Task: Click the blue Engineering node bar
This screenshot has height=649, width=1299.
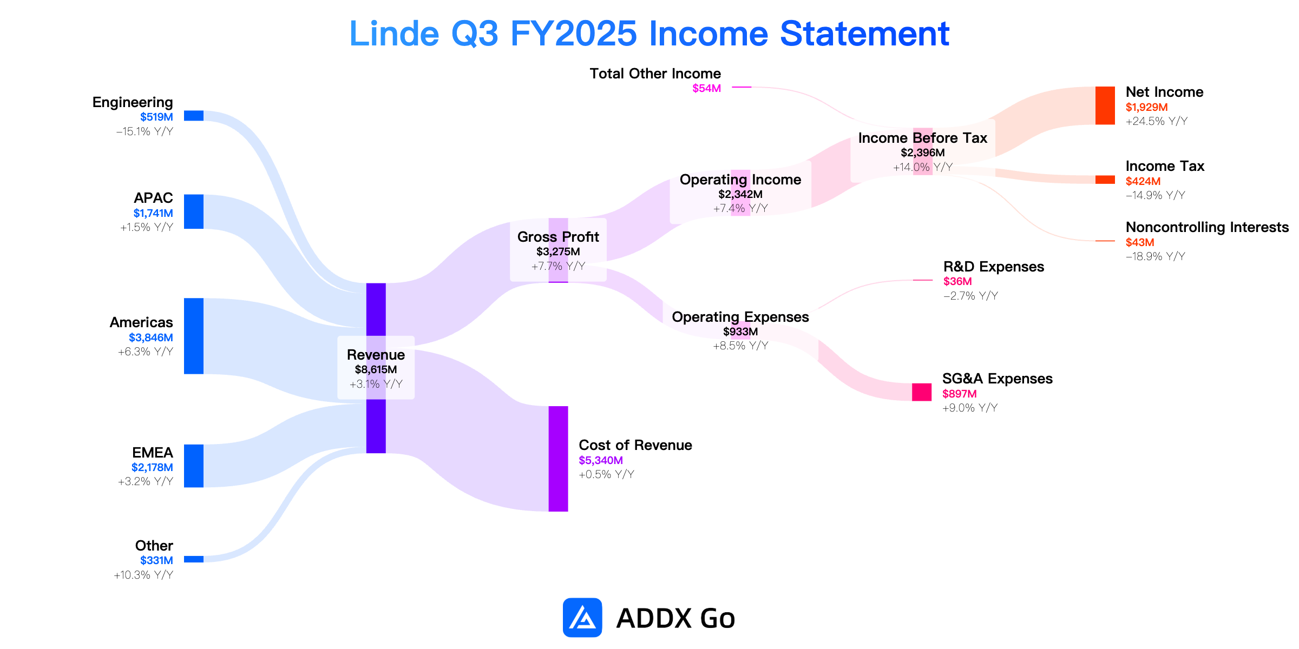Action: coord(194,116)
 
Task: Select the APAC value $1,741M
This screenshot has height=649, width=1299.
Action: coord(153,213)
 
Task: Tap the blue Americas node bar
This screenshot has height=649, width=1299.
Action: coord(194,336)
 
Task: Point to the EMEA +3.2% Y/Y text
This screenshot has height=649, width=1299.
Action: coord(146,481)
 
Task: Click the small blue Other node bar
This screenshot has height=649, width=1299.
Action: coord(194,559)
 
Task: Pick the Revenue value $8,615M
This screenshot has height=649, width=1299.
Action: coord(376,370)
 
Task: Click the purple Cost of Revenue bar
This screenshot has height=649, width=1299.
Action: coord(559,459)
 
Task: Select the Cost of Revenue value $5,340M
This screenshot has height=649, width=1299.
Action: coord(601,460)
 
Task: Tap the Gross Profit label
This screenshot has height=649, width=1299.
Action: coord(558,237)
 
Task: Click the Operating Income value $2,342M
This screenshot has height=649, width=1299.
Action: coord(740,194)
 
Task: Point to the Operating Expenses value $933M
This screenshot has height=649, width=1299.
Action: coord(740,332)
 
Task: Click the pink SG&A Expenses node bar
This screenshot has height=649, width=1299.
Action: coord(922,392)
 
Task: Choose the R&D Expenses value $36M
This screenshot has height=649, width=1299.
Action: coord(957,281)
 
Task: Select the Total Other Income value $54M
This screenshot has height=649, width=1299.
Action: coord(707,88)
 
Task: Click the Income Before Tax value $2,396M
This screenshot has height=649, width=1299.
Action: coord(923,153)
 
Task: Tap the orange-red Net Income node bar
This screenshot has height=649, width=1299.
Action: coord(1105,105)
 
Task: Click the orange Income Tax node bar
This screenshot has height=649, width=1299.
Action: coord(1105,180)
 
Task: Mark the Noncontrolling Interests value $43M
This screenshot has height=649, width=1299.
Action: coord(1140,242)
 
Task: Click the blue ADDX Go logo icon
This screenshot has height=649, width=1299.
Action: coord(582,617)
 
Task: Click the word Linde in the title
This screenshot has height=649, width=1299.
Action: coord(394,34)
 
